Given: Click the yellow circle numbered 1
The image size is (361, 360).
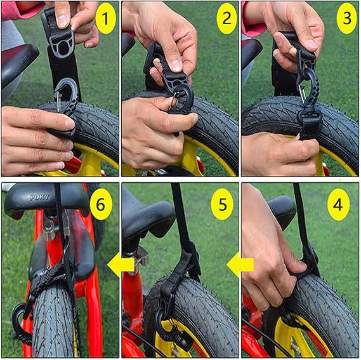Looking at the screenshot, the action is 105,18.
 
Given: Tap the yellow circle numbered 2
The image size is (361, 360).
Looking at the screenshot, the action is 226,18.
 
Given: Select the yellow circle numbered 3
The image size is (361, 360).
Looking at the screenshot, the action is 347,18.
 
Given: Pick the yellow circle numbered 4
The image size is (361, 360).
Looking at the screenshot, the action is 338,204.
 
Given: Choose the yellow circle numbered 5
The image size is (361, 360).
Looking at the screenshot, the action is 223,204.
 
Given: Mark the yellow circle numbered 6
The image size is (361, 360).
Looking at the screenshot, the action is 101,204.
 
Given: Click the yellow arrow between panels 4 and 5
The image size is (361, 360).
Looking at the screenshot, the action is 240,265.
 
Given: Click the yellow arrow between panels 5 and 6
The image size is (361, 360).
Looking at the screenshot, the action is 121,265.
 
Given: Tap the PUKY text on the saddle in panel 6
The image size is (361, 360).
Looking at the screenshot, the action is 39,197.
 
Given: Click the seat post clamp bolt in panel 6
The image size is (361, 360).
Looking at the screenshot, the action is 49,228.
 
